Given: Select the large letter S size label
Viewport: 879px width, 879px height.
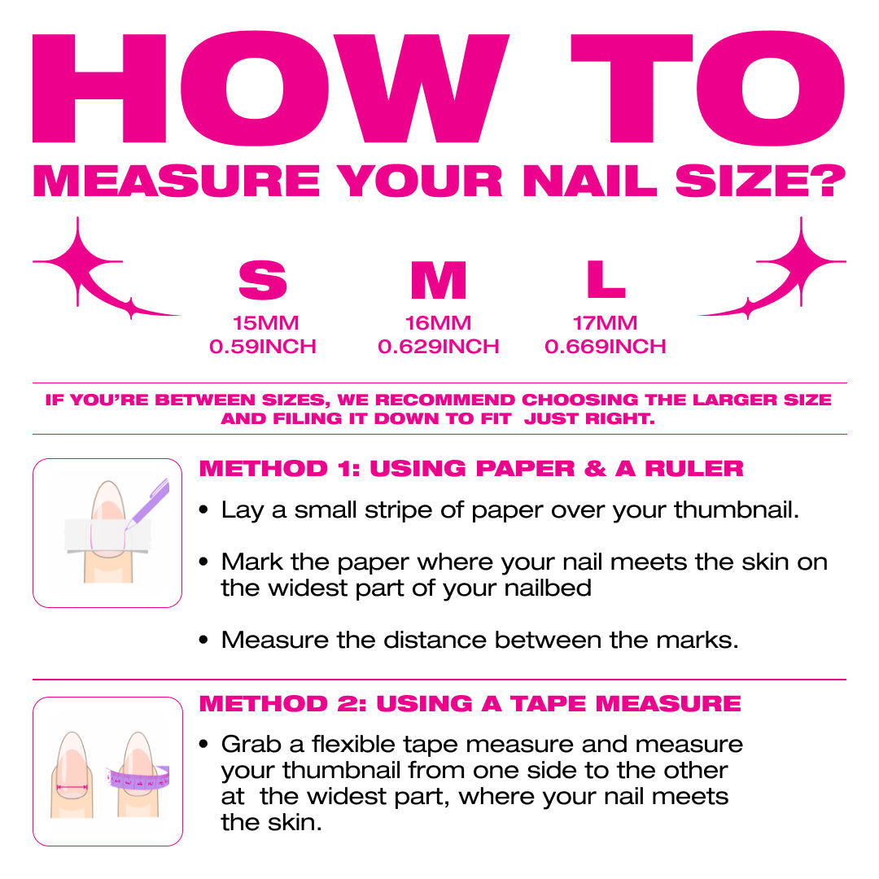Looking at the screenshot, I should [262, 281].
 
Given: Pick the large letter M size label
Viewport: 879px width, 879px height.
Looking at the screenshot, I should [438, 281].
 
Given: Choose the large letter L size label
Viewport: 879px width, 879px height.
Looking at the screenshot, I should [606, 280].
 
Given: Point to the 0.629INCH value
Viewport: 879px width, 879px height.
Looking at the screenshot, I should [438, 347].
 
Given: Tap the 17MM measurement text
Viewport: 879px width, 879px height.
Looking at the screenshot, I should [605, 323].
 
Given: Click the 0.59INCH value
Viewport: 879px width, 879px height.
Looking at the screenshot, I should [263, 347].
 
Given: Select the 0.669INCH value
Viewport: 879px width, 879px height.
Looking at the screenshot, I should [605, 347].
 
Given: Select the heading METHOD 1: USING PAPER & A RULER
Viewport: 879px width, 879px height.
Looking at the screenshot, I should [471, 469].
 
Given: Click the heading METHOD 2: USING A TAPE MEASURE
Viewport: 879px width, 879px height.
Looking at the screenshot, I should [470, 703].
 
